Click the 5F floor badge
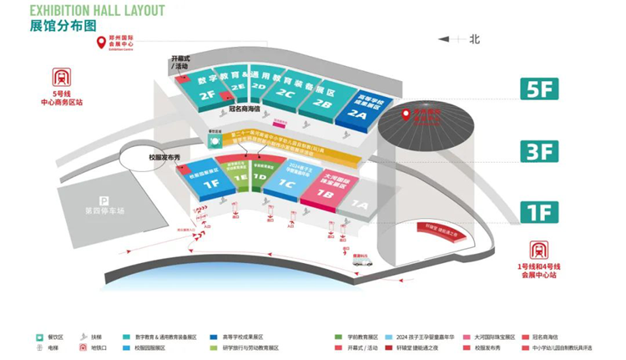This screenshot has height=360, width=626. (x=540, y=89)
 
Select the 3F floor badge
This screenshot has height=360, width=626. (x=540, y=151)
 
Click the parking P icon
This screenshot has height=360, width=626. (x=103, y=200)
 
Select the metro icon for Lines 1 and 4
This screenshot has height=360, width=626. (x=540, y=248)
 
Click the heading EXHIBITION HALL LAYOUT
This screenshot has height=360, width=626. (x=98, y=10)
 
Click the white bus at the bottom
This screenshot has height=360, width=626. (x=361, y=261)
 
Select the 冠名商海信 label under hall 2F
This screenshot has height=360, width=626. (x=244, y=109)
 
